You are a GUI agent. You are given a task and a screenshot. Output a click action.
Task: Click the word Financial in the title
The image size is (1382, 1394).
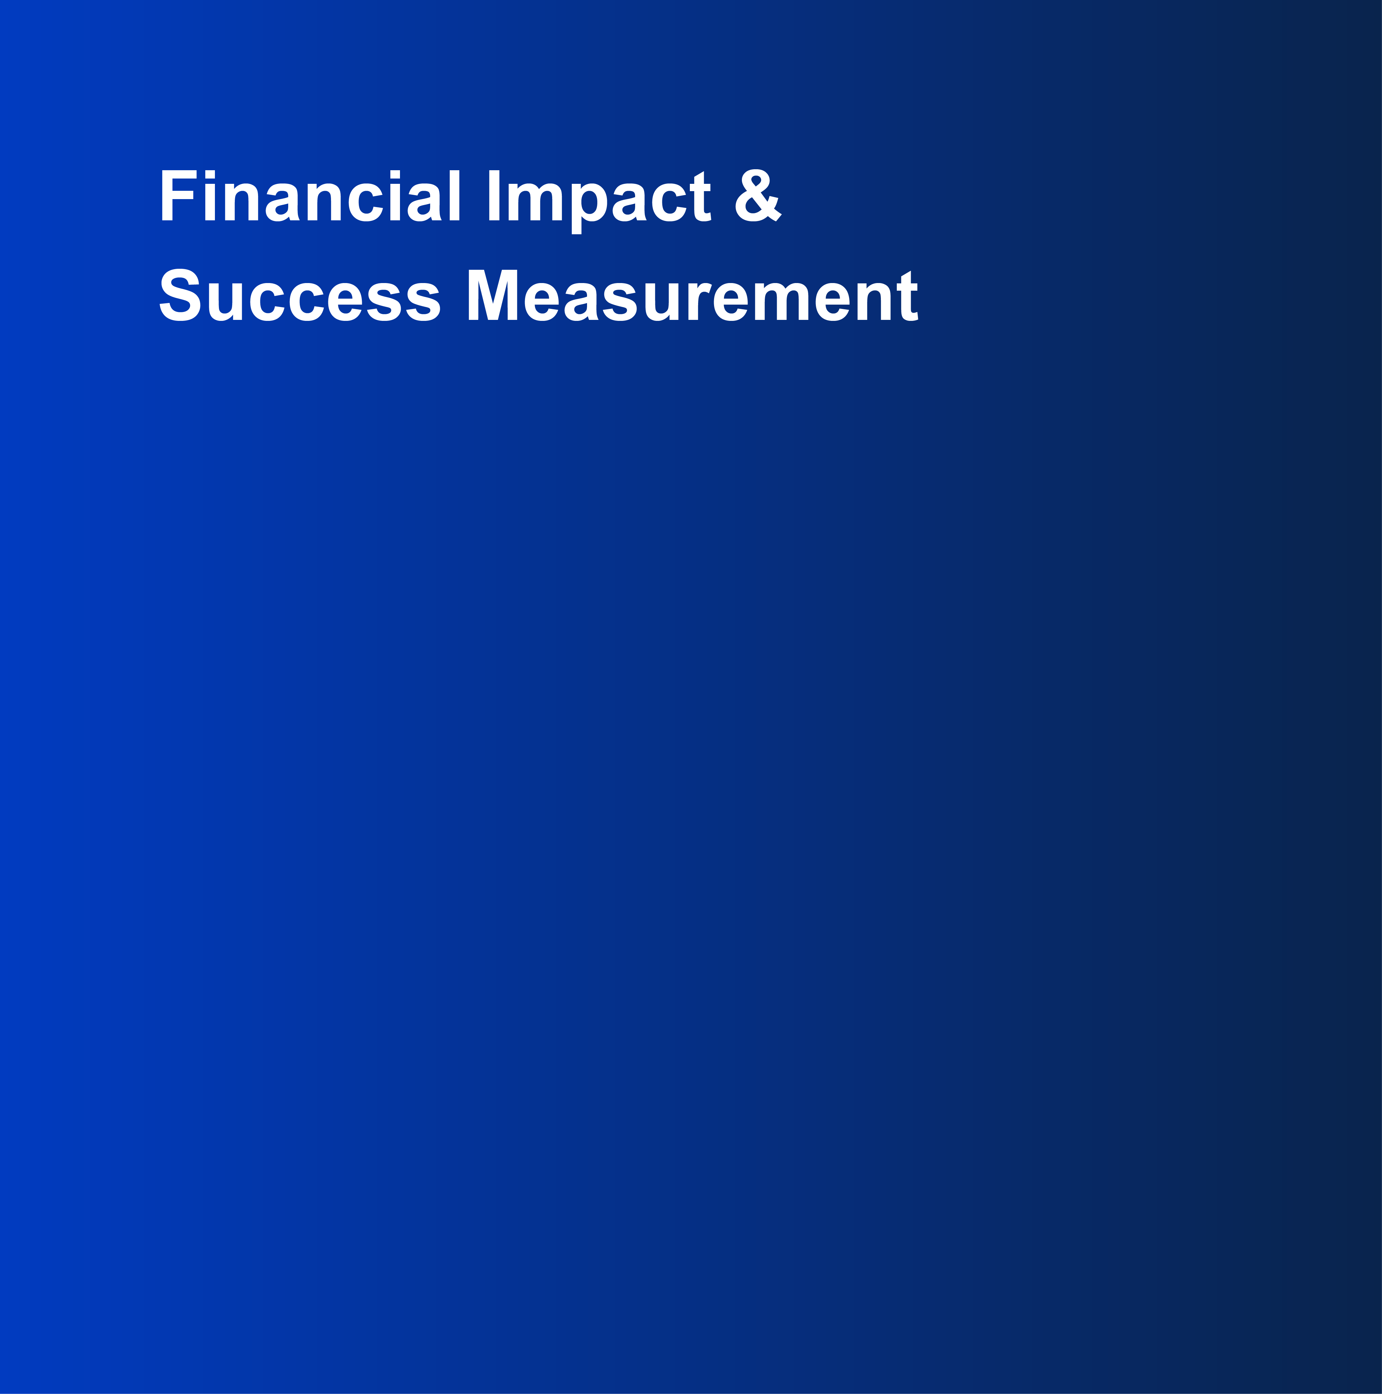[x=310, y=195]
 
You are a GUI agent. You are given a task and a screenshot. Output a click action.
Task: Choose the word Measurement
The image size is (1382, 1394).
[x=692, y=295]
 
